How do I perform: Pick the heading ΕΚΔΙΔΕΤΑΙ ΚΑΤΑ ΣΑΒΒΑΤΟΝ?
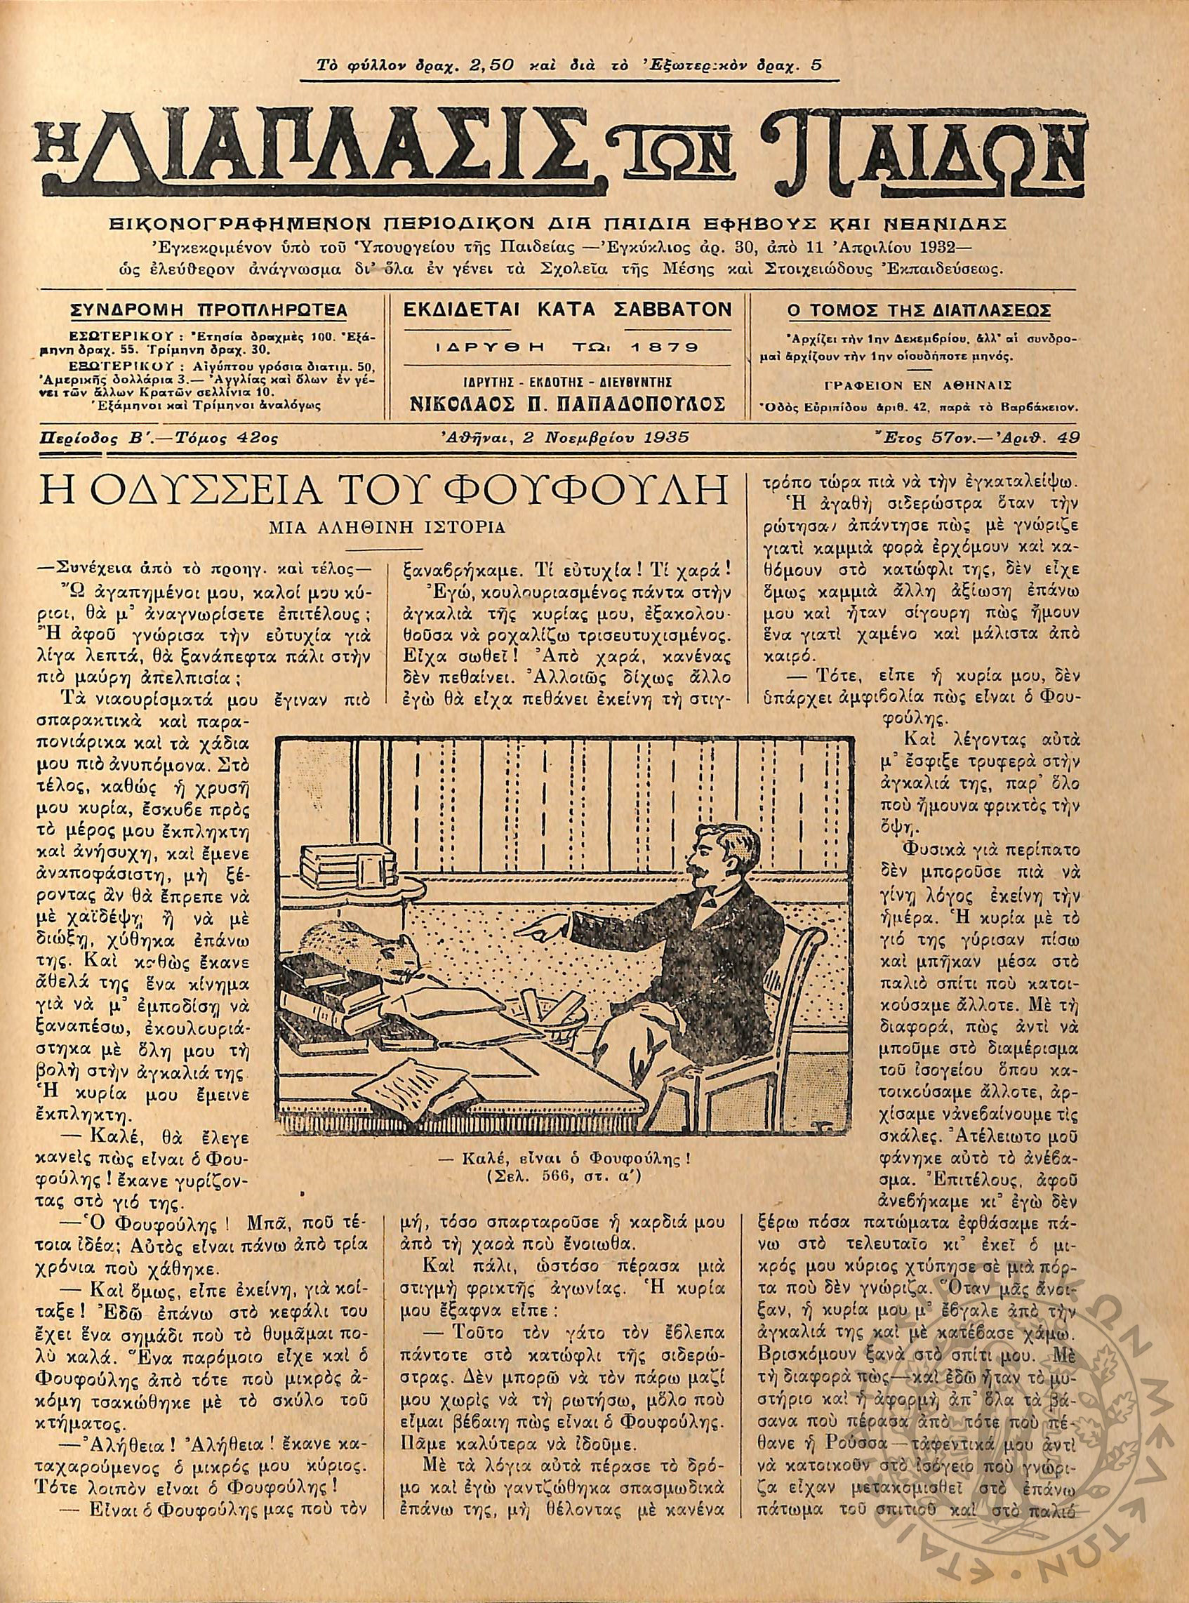(x=568, y=310)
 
